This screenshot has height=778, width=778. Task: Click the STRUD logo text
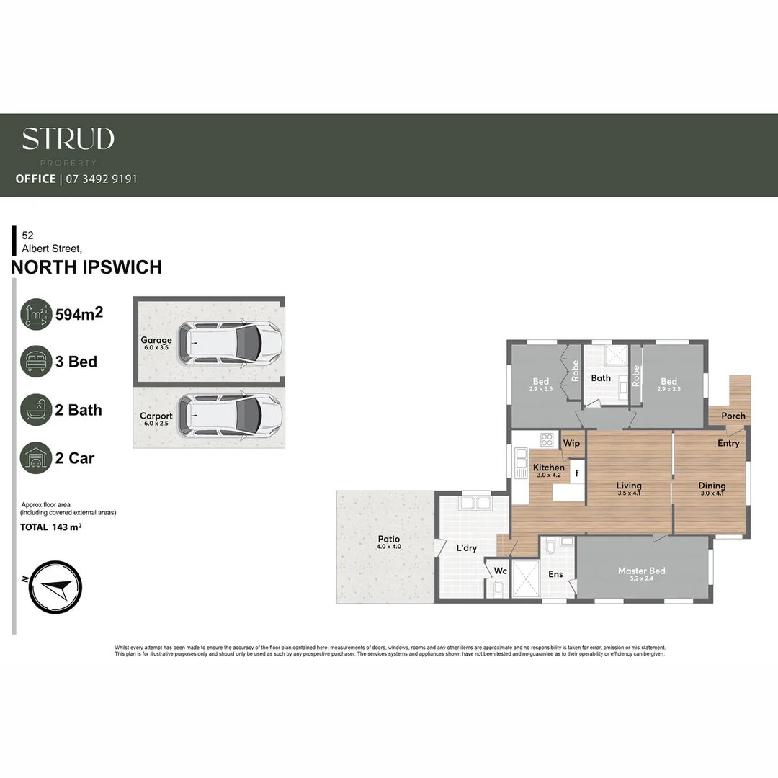[x=68, y=139]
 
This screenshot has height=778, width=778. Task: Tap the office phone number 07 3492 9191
[x=101, y=179]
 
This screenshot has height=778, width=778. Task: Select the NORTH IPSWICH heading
[x=86, y=267]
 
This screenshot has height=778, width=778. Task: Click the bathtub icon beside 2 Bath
[x=36, y=410]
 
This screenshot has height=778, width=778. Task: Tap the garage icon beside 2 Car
[x=36, y=458]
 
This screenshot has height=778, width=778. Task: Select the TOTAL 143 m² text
[x=50, y=527]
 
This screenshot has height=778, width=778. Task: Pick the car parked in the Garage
[x=230, y=342]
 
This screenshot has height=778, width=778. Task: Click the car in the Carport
[x=230, y=415]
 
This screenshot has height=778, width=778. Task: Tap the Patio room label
[x=388, y=539]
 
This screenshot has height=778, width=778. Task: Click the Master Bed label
[x=641, y=571]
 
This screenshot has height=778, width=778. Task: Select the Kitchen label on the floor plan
[x=549, y=468]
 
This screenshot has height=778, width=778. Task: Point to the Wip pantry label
[x=571, y=443]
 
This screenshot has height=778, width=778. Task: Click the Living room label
[x=628, y=486]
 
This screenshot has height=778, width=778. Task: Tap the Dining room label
[x=712, y=486]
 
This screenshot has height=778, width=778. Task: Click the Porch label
[x=733, y=416]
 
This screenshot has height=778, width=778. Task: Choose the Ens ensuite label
[x=555, y=574]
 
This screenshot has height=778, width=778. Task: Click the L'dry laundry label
[x=467, y=548]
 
